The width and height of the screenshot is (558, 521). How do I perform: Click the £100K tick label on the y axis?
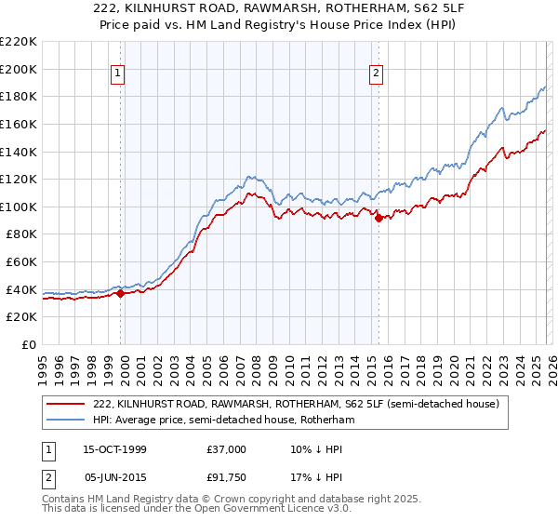pos(19,207)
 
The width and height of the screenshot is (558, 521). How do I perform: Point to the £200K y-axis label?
pos(19,69)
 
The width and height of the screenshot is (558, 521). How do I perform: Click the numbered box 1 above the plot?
pos(120,74)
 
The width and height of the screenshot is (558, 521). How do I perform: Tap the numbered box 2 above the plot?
pos(377,74)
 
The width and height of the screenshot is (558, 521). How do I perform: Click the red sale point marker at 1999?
pos(121,294)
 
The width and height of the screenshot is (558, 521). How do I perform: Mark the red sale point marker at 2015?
pos(379,219)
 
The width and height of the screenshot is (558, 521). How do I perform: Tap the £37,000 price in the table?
pos(227,449)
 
